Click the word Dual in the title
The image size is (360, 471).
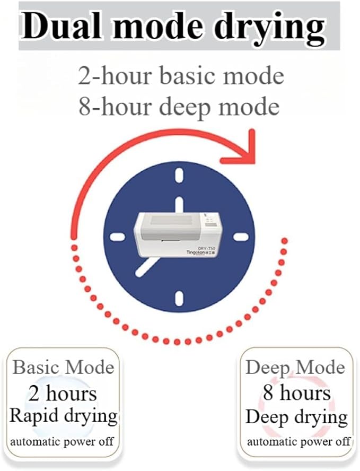click(62, 26)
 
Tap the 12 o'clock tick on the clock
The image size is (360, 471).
click(179, 176)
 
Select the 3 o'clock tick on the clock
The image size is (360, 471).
click(241, 237)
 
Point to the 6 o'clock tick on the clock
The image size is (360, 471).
click(179, 298)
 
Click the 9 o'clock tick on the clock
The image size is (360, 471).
click(117, 237)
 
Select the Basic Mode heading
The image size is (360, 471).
click(63, 367)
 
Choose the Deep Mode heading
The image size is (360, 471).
click(295, 368)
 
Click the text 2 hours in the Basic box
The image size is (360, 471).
click(63, 394)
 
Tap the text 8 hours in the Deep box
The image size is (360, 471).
click(297, 392)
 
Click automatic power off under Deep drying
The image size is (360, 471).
click(298, 441)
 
